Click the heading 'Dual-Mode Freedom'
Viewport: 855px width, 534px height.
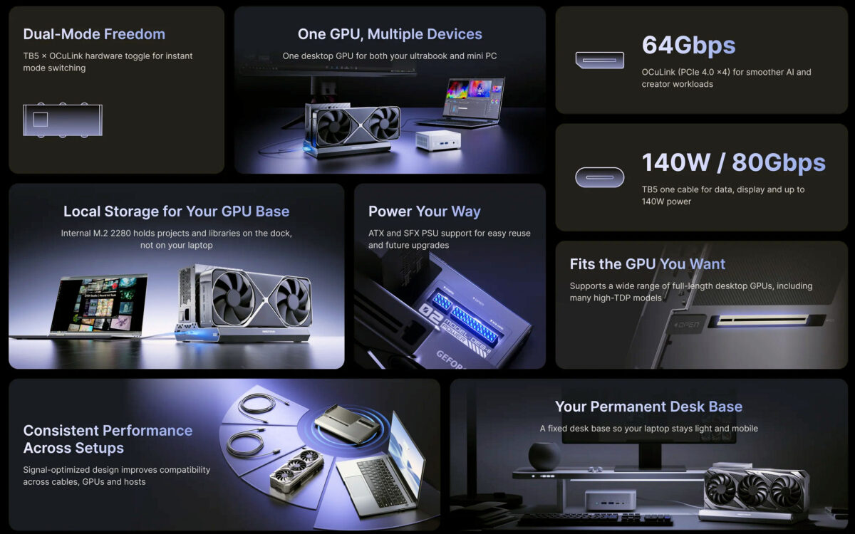point(94,34)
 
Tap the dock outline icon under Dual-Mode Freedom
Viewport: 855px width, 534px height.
point(63,120)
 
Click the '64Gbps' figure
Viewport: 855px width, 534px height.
point(688,45)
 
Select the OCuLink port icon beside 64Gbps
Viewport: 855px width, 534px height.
point(599,61)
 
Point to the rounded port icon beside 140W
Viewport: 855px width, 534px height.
point(599,177)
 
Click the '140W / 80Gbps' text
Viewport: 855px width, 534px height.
point(733,162)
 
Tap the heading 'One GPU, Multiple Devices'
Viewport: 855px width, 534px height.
point(390,34)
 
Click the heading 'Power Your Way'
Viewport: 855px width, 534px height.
point(424,211)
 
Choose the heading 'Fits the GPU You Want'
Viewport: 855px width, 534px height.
point(647,264)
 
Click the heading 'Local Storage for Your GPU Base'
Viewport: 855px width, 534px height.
point(176,211)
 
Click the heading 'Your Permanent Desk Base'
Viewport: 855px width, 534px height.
point(648,407)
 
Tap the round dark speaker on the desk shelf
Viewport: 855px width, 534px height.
point(544,456)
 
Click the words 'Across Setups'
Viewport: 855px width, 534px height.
point(73,448)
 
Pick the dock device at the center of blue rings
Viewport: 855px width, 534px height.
point(346,424)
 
